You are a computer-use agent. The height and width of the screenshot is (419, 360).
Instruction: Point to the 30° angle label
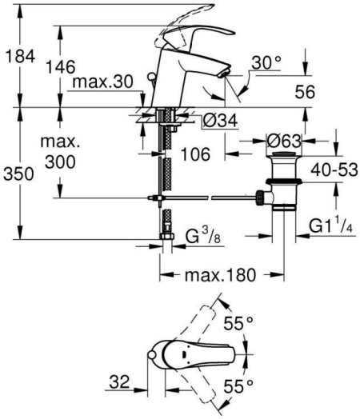266,62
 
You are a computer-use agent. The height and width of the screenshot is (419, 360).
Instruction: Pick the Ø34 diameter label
214,121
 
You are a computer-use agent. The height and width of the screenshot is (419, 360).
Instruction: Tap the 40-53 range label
332,171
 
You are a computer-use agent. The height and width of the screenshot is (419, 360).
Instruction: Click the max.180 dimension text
218,275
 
